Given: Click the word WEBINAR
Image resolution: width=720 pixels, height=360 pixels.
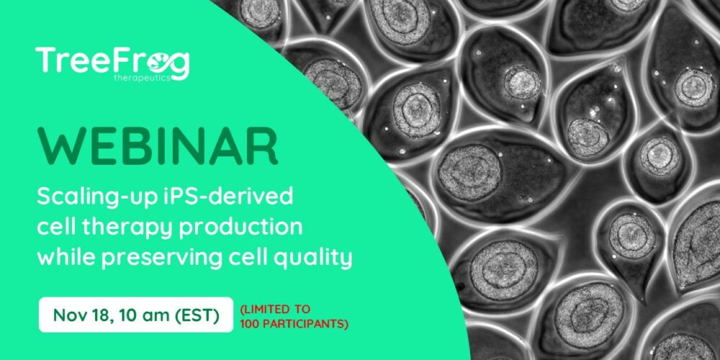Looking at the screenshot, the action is pos(158,145).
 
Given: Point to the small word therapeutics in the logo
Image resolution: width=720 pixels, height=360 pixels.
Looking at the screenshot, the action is pos(142,78).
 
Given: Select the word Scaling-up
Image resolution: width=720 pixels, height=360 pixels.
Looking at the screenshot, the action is pos(84,199).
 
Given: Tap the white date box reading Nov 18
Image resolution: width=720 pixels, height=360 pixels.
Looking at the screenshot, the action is pos(136,315).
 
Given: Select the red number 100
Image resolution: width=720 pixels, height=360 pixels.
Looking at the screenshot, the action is pos(248,324).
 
